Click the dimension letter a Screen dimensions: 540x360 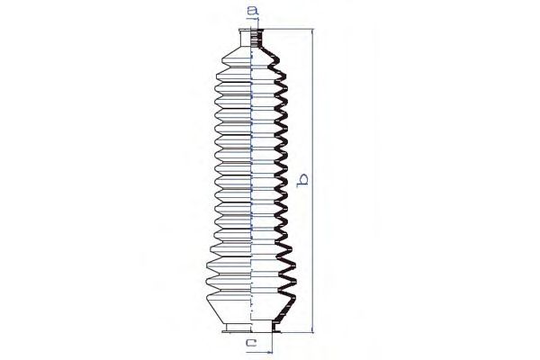[253, 12]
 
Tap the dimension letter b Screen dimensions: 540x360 [302, 181]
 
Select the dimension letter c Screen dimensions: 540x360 [251, 342]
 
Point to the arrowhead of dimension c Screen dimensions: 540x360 [269, 352]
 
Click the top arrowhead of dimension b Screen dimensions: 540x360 [312, 31]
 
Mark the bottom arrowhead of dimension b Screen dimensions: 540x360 [312, 330]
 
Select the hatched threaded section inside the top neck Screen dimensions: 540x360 [256, 39]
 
